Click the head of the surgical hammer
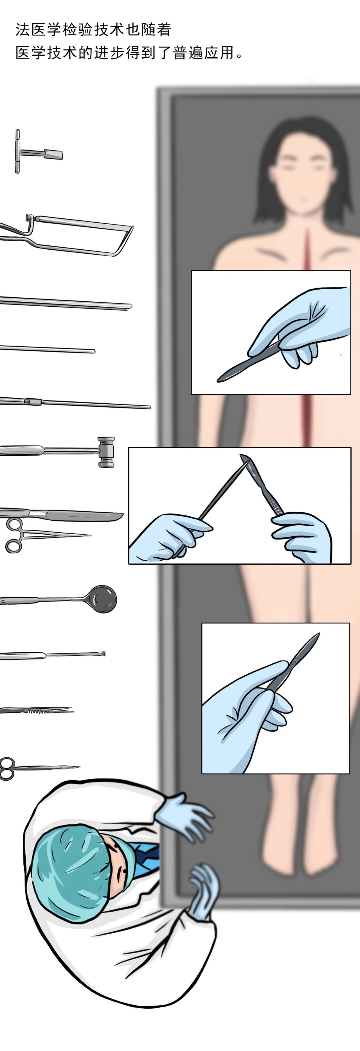[x=106, y=452]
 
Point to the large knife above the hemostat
[x=61, y=514]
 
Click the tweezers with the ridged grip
[x=37, y=711]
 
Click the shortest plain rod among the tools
[x=47, y=349]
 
